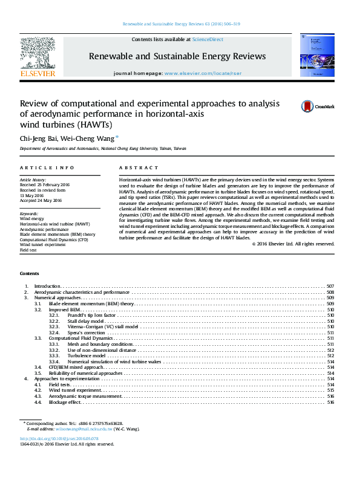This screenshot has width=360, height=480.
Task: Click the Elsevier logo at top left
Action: click(38, 57)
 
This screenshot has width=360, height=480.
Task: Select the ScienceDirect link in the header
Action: click(208, 39)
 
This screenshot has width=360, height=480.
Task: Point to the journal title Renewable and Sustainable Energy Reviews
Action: click(177, 56)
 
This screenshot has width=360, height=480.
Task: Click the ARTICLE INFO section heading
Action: click(47, 167)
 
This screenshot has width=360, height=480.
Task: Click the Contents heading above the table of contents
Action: click(30, 274)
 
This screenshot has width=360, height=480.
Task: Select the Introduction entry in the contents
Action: click(47, 286)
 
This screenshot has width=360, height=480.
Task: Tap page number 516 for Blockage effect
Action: click(330, 402)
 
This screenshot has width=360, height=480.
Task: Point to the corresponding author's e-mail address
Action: click(91, 429)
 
